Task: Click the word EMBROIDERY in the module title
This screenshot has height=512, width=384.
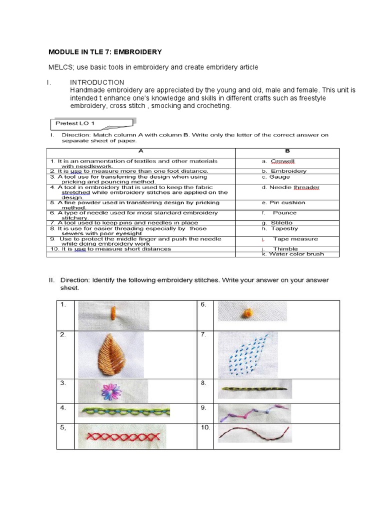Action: tap(136, 52)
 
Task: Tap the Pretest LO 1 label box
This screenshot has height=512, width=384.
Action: tap(92, 123)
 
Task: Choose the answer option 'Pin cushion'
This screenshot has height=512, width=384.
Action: tap(287, 202)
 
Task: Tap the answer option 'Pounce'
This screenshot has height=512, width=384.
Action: tap(284, 212)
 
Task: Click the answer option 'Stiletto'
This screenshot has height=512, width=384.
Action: tap(282, 223)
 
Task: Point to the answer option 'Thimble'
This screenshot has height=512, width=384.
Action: tap(285, 248)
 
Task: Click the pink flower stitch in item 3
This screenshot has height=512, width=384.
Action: tap(108, 390)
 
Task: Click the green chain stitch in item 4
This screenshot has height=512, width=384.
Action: tap(124, 412)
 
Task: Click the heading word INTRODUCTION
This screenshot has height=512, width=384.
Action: tap(97, 82)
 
